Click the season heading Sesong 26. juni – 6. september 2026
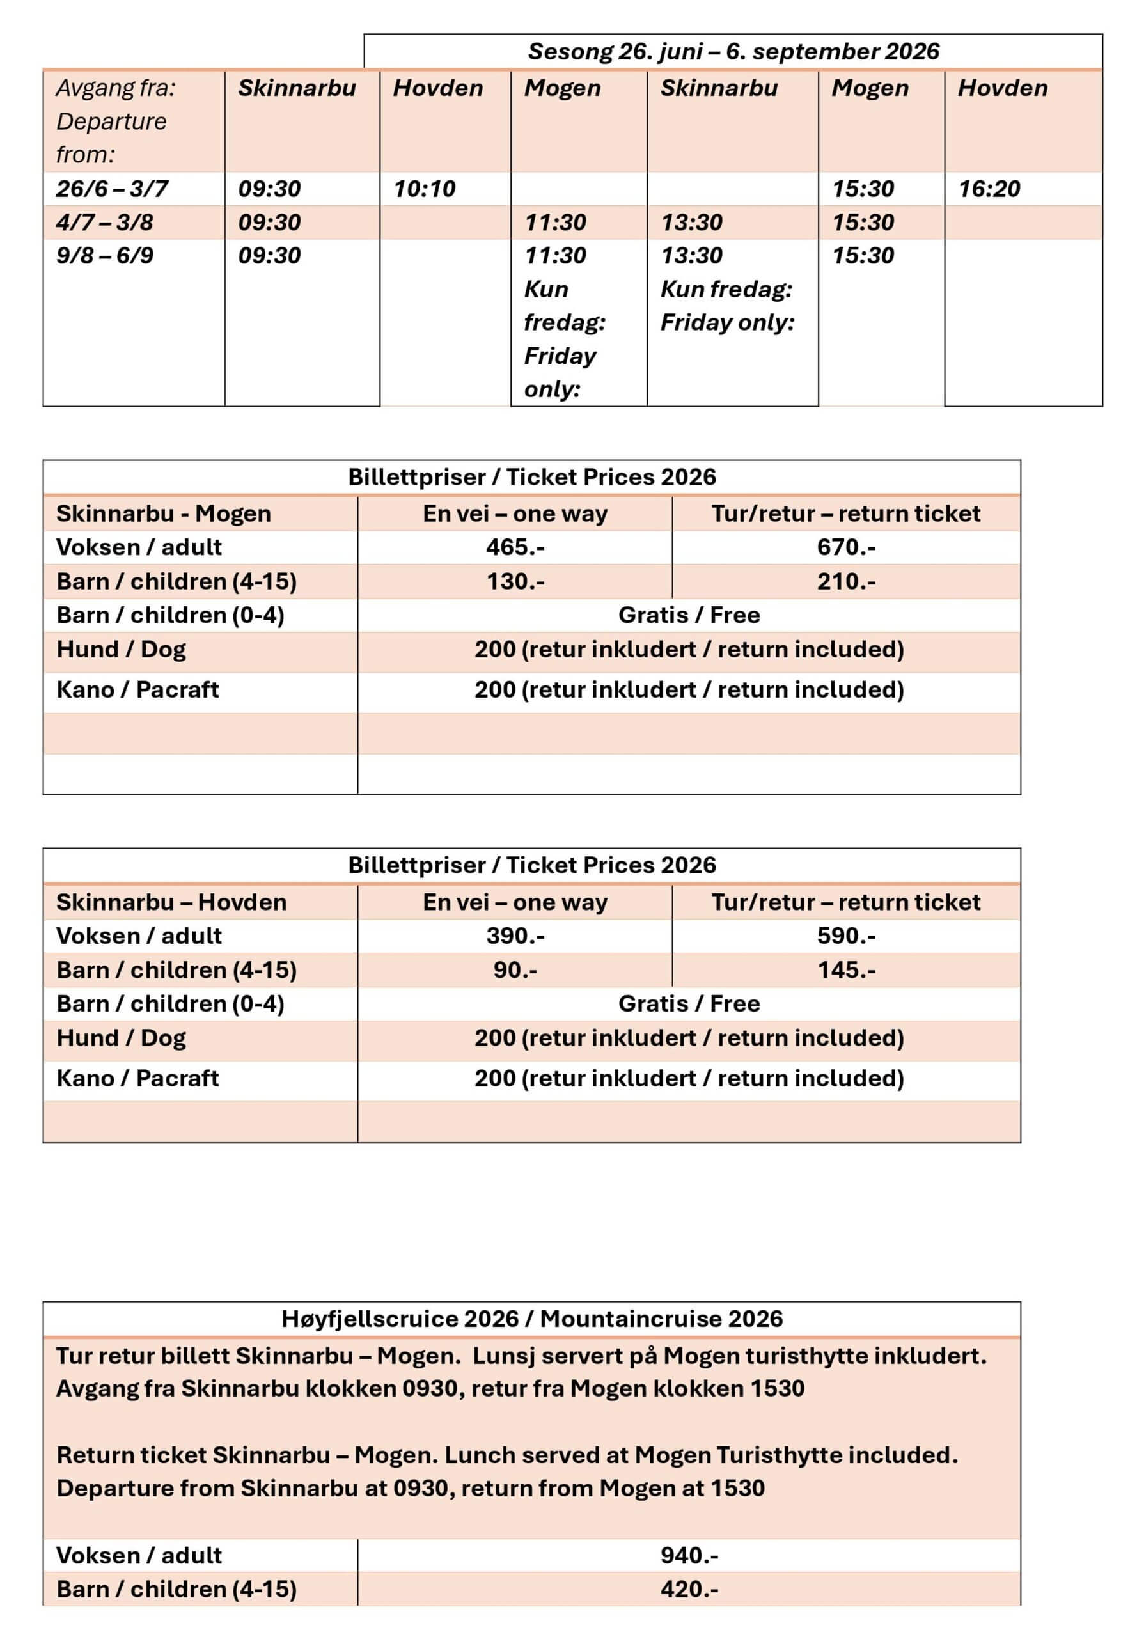pos(733,51)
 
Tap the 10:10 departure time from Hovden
pos(424,189)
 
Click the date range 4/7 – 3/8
pos(105,223)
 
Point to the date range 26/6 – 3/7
pos(112,189)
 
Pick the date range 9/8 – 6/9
pos(105,255)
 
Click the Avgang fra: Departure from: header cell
pos(115,121)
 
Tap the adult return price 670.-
pos(845,547)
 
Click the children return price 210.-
pos(845,581)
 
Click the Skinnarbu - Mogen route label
pos(163,513)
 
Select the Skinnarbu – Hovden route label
pos(171,902)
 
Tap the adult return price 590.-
pos(845,936)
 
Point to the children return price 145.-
pos(845,969)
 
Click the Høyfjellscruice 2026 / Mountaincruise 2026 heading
pos(531,1319)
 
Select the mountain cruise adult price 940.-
pos(689,1555)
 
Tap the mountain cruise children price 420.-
pos(689,1589)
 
